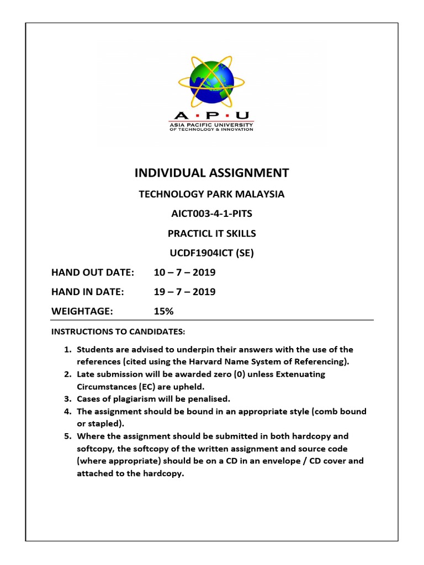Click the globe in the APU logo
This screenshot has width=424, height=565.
coord(211,83)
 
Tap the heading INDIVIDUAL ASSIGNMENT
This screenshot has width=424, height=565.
coord(211,173)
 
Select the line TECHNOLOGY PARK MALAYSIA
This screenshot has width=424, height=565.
coord(211,194)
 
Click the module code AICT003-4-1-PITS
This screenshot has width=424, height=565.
coord(211,214)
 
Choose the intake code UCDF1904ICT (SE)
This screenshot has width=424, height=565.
coord(211,253)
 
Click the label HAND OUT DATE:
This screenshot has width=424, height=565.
coord(93,272)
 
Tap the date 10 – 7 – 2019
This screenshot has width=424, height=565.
coord(184,272)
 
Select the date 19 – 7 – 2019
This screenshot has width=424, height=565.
coord(184,292)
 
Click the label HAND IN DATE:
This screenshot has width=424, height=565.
coord(87,292)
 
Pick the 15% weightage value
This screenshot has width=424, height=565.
coord(163,311)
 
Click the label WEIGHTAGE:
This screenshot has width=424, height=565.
coord(82,311)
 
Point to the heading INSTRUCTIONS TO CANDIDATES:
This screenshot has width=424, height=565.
coord(118,332)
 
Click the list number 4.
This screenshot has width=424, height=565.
coord(67,412)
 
